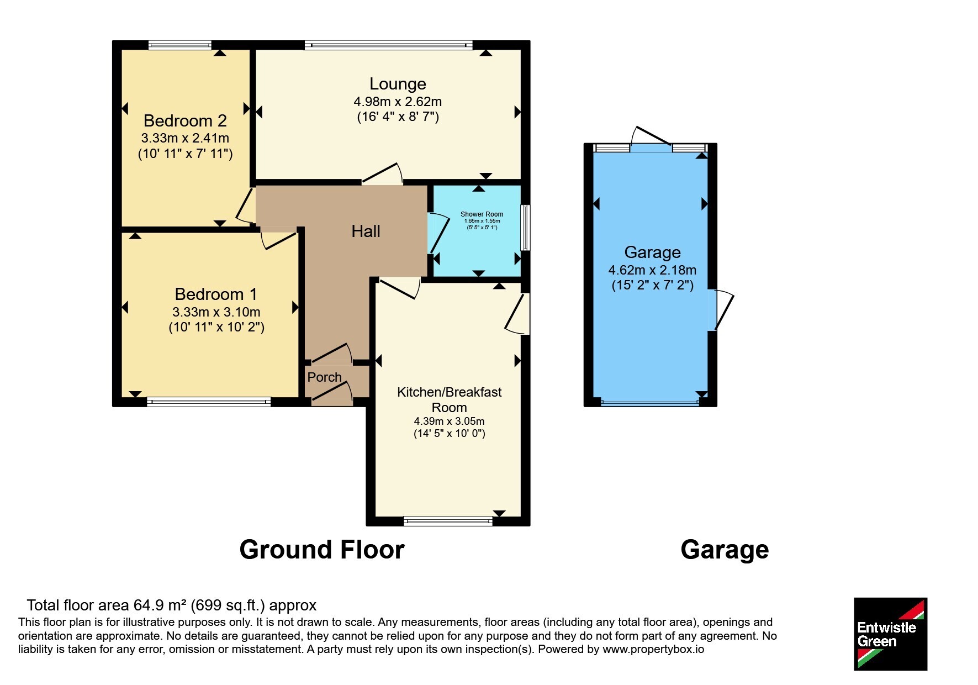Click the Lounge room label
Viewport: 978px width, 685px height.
click(398, 84)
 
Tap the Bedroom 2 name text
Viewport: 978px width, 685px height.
click(185, 120)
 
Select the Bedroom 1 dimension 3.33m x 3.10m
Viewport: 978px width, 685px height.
click(216, 312)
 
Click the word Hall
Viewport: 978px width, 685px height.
click(366, 231)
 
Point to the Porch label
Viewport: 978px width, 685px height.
click(325, 377)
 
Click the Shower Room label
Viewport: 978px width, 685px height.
click(482, 214)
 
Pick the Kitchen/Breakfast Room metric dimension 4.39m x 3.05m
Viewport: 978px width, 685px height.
click(450, 421)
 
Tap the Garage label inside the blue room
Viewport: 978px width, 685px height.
click(652, 252)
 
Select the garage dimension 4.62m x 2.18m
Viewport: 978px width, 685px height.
click(652, 270)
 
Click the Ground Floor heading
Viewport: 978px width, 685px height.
click(322, 550)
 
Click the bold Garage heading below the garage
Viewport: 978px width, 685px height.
click(725, 550)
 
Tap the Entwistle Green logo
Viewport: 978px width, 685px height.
click(890, 634)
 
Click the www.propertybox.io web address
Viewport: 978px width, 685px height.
click(653, 649)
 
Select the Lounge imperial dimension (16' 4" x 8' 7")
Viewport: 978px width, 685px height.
click(398, 117)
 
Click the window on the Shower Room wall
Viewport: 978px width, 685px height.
click(526, 228)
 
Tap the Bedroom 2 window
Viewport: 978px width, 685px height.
click(180, 45)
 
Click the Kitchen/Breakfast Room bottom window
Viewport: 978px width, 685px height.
click(448, 520)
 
